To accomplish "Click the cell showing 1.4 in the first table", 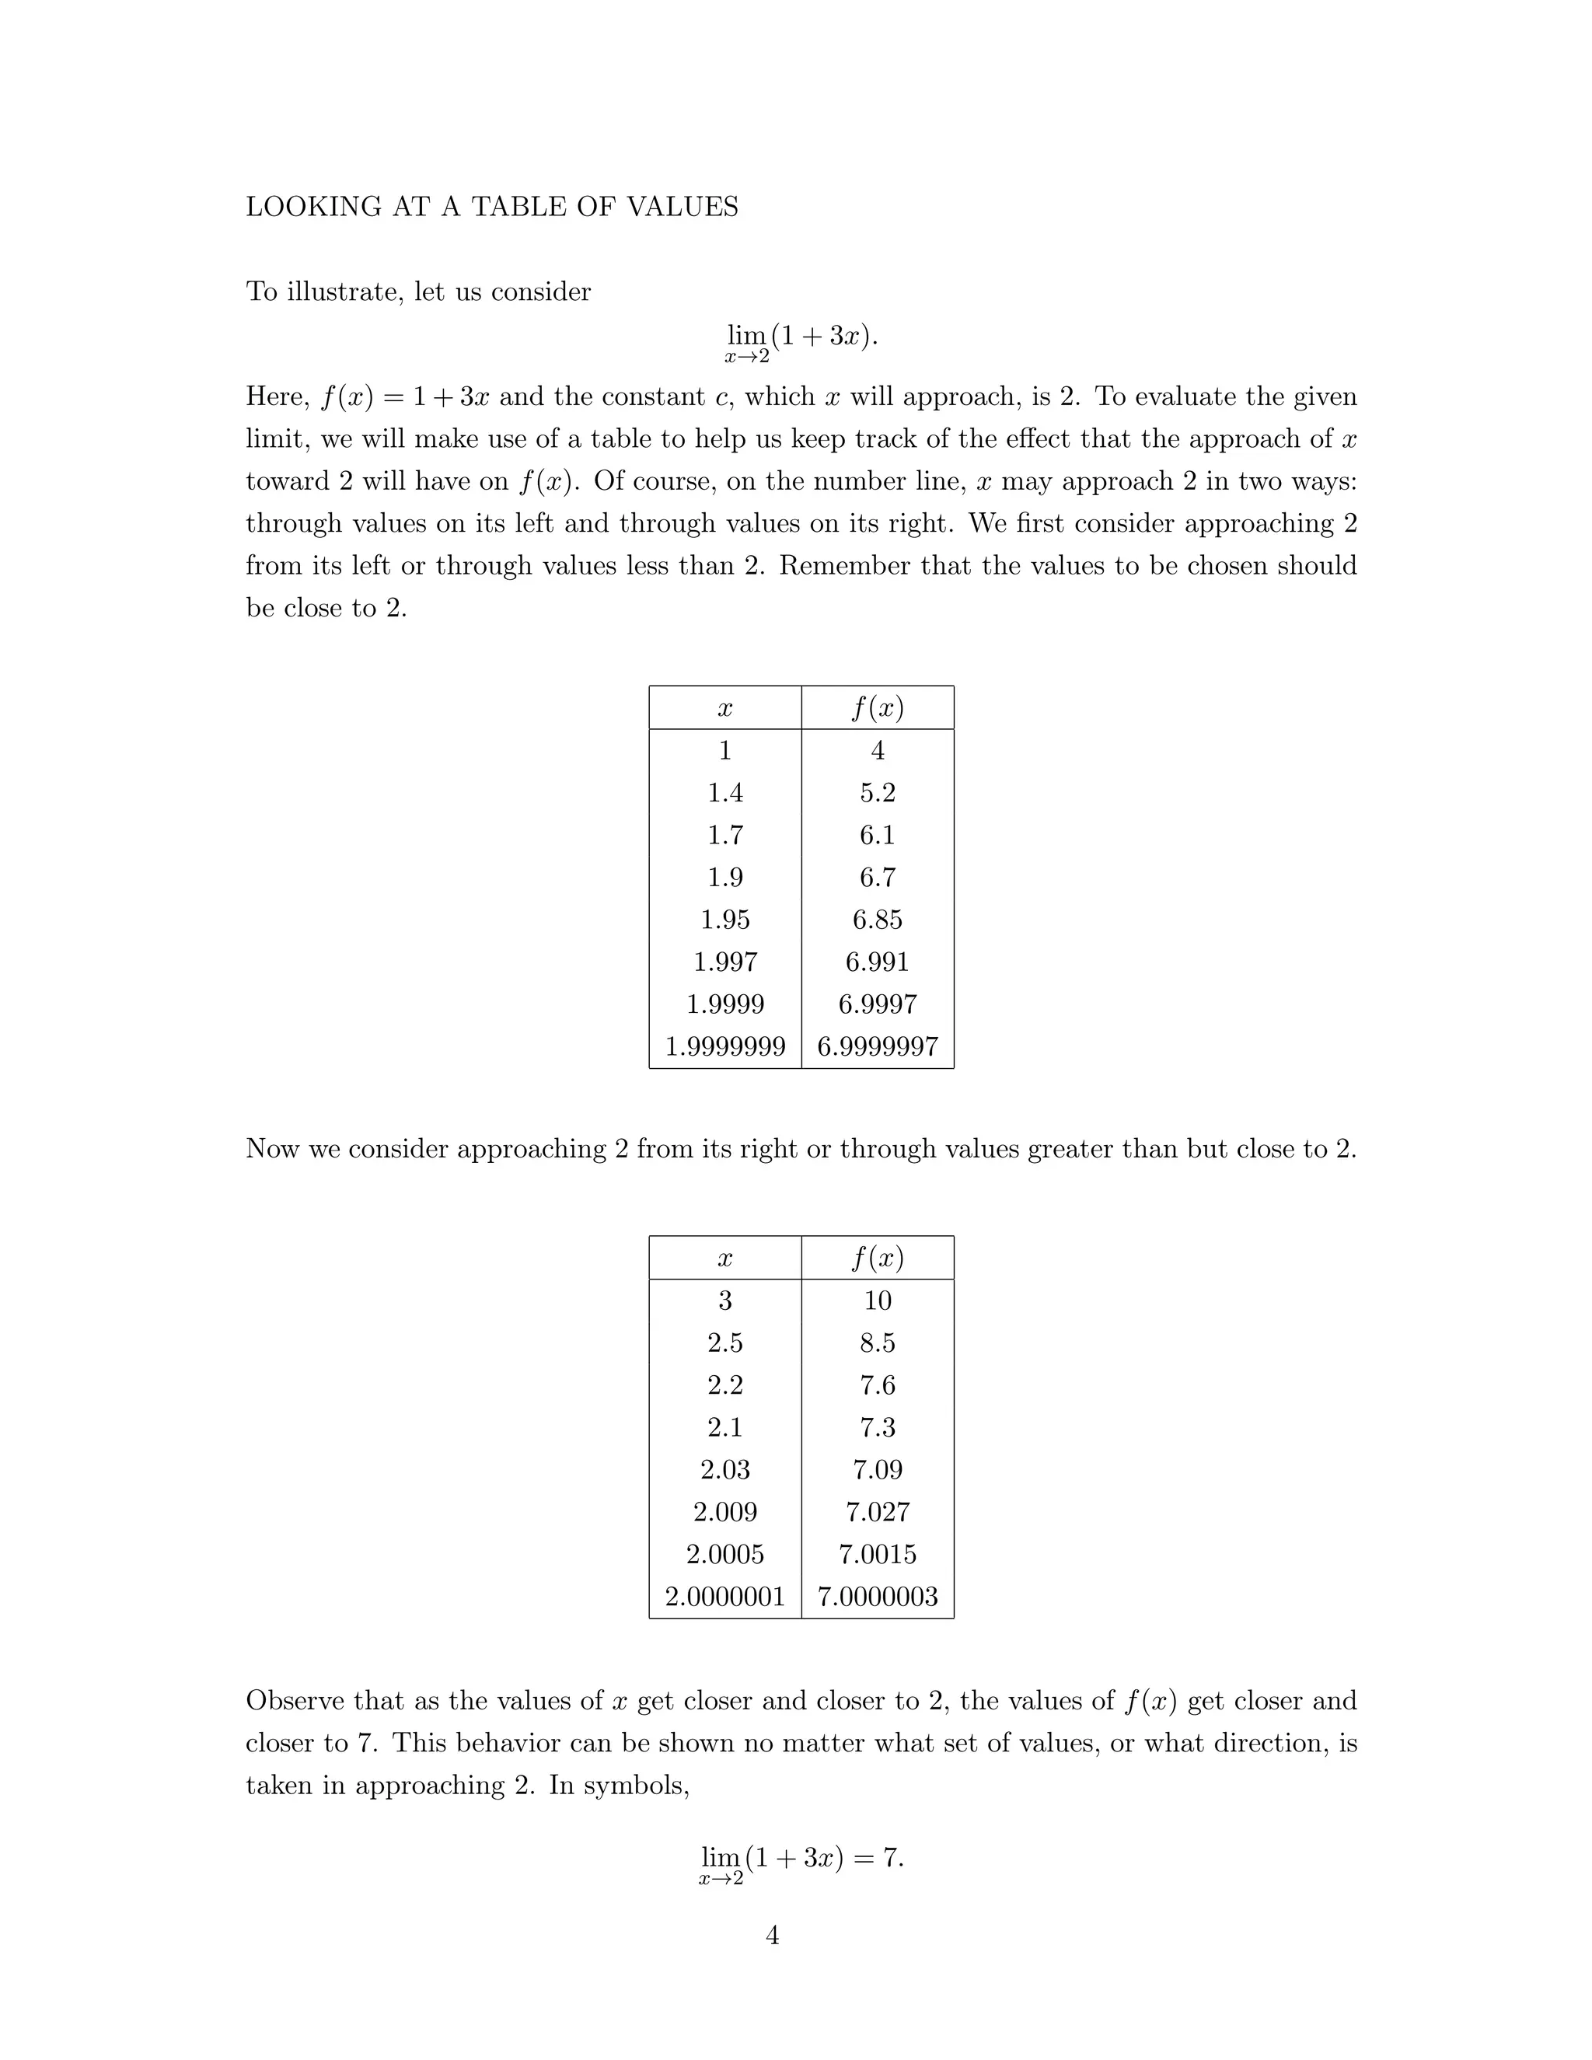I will point(724,792).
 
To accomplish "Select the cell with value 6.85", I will point(877,920).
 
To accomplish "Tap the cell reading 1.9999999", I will point(724,1046).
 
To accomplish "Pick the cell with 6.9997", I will point(877,1004).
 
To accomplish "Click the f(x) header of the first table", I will point(877,707).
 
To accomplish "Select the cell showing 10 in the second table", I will point(877,1301).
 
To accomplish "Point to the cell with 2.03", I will point(724,1469).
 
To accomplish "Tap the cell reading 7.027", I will point(877,1512).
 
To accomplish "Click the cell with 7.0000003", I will point(877,1596).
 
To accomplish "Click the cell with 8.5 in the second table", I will point(877,1343).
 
